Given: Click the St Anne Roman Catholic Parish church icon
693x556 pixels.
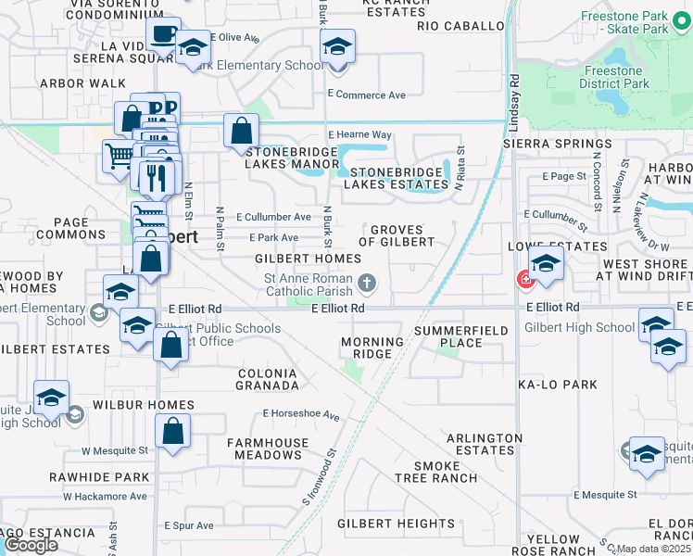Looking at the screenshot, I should [368, 281].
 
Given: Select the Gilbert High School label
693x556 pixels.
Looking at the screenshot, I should [579, 327].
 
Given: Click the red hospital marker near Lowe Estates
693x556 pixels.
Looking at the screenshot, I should [524, 278].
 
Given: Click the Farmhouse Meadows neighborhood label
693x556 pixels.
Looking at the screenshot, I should [267, 449].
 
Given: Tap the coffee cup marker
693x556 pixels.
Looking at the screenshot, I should [164, 34].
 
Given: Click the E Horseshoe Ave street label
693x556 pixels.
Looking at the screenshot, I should [302, 414].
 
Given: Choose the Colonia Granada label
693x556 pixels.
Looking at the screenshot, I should [267, 379].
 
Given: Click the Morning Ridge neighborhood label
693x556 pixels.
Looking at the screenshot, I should [372, 348].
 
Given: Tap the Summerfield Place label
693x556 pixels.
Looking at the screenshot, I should [460, 336].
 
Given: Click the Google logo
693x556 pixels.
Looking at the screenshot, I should [31, 545].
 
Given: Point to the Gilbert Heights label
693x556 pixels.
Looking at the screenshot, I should [396, 524].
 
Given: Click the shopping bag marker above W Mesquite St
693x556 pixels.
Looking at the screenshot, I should [172, 432].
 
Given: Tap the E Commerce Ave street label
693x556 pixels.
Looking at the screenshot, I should [367, 95].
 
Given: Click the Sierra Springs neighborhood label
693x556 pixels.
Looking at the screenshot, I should [546, 145].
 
